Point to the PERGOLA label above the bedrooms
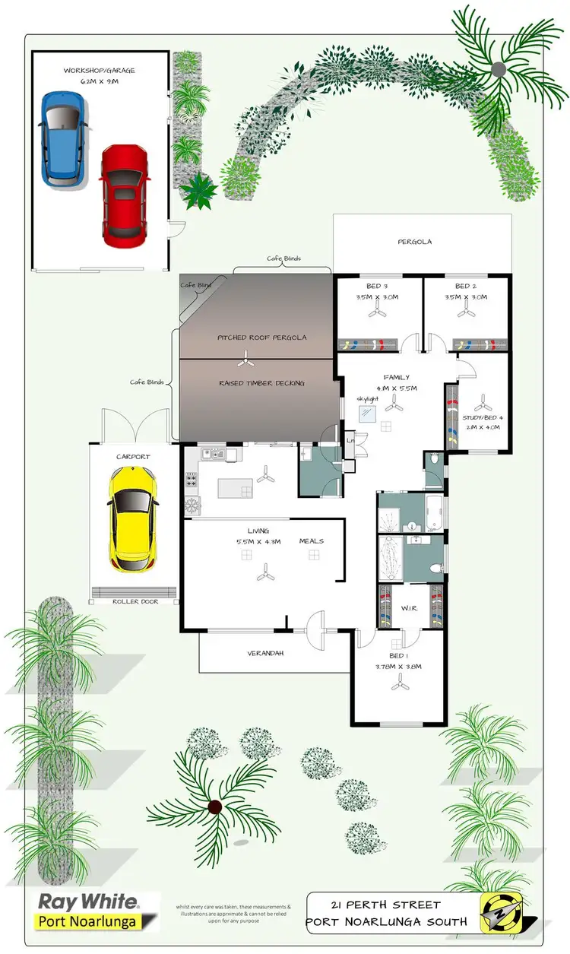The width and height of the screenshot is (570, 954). click(x=415, y=242)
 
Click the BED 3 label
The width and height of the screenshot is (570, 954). click(x=377, y=286)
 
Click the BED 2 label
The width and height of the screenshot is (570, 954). click(x=465, y=286)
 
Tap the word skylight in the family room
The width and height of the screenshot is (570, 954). click(x=368, y=398)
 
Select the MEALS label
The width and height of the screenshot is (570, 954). click(x=312, y=541)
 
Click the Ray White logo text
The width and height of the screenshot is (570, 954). click(x=88, y=903)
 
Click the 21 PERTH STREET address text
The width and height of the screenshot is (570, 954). click(x=386, y=905)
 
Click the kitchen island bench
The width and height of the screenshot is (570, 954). click(x=236, y=487)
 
